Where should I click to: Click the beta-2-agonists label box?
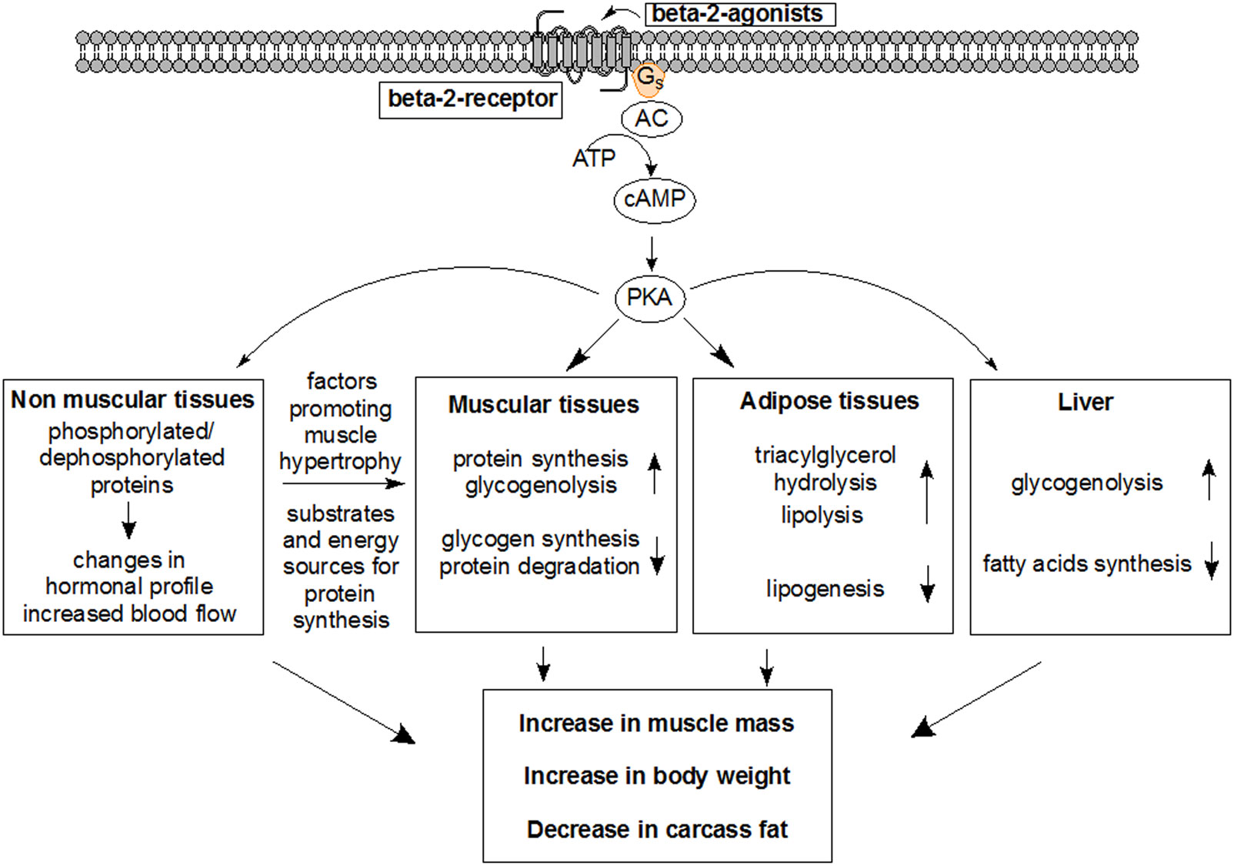[x=739, y=14]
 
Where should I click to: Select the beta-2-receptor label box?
[x=471, y=99]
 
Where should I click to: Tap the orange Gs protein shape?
[x=648, y=79]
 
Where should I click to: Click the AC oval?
[x=652, y=119]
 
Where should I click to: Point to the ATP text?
[x=593, y=159]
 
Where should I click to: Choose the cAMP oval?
[x=655, y=199]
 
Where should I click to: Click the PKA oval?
[x=649, y=297]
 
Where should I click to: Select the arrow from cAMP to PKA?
[x=652, y=252]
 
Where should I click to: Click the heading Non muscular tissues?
[x=132, y=400]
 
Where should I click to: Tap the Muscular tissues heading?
[x=543, y=405]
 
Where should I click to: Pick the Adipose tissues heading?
[x=829, y=401]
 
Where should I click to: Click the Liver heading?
[x=1085, y=402]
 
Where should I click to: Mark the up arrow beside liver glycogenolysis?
[x=1209, y=480]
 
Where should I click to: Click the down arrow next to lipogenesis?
[x=928, y=583]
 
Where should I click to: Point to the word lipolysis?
[x=822, y=515]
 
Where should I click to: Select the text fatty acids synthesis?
[x=1086, y=564]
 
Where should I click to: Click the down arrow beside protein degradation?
[x=657, y=556]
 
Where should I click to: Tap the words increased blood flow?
[x=129, y=614]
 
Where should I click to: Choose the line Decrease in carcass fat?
[x=657, y=830]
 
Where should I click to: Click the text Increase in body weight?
[x=657, y=776]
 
